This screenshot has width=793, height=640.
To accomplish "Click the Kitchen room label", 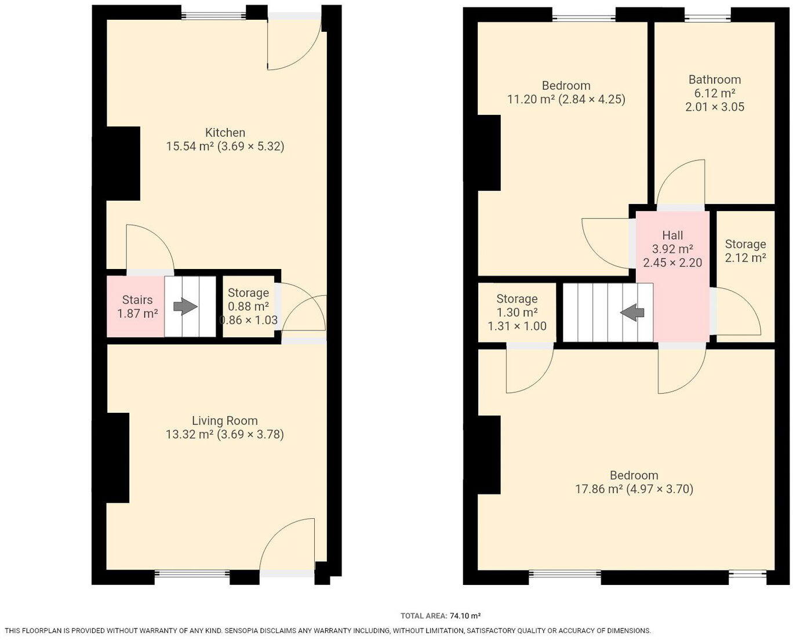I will pyautogui.click(x=225, y=133).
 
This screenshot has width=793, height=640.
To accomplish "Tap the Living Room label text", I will pyautogui.click(x=225, y=421).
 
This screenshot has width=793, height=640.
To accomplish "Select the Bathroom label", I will pyautogui.click(x=714, y=80).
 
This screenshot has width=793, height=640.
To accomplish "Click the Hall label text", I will pyautogui.click(x=672, y=235).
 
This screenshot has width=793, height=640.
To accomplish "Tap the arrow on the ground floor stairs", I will pyautogui.click(x=185, y=307).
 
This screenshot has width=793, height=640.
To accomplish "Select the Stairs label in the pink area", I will pyautogui.click(x=137, y=300).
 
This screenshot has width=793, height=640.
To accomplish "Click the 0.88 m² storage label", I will pyautogui.click(x=248, y=307).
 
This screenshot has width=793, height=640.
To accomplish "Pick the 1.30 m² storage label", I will pyautogui.click(x=517, y=312).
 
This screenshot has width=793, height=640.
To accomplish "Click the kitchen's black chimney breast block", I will pyautogui.click(x=122, y=163).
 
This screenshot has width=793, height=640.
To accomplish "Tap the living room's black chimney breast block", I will pyautogui.click(x=117, y=458).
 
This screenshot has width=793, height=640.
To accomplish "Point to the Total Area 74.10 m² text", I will pyautogui.click(x=441, y=616).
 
